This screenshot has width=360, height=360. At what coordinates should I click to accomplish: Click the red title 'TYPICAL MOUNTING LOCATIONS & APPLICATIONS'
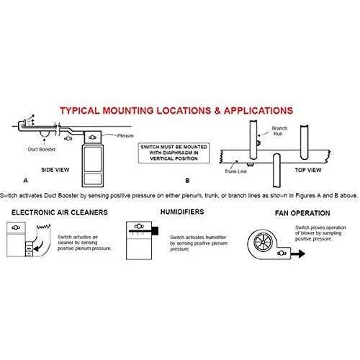coord(176,112)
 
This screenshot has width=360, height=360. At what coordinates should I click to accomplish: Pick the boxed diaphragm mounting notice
coord(171,153)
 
